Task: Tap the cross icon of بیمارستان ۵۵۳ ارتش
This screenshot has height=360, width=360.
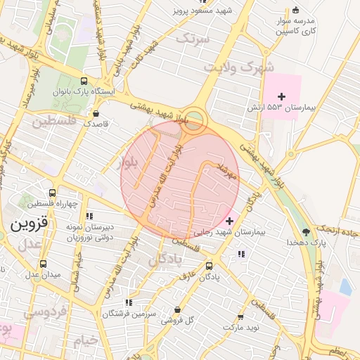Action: [x=282, y=96]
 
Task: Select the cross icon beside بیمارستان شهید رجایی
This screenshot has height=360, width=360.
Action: [x=229, y=221]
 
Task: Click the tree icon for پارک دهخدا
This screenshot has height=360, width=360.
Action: [x=305, y=231]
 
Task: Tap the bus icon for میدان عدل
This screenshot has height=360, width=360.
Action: [x=44, y=264]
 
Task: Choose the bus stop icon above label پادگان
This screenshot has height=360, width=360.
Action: [x=209, y=266]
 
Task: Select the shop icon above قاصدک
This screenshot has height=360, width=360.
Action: [x=96, y=112]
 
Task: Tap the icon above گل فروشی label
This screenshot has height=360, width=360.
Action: [x=176, y=309]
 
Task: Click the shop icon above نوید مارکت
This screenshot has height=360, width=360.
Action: [x=241, y=317]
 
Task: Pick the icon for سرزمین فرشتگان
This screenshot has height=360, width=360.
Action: [x=127, y=302]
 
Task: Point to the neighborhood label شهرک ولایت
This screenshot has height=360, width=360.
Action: [x=229, y=67]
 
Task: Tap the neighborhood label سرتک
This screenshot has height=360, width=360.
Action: [x=193, y=39]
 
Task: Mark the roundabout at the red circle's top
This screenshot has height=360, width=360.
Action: [x=195, y=120]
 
